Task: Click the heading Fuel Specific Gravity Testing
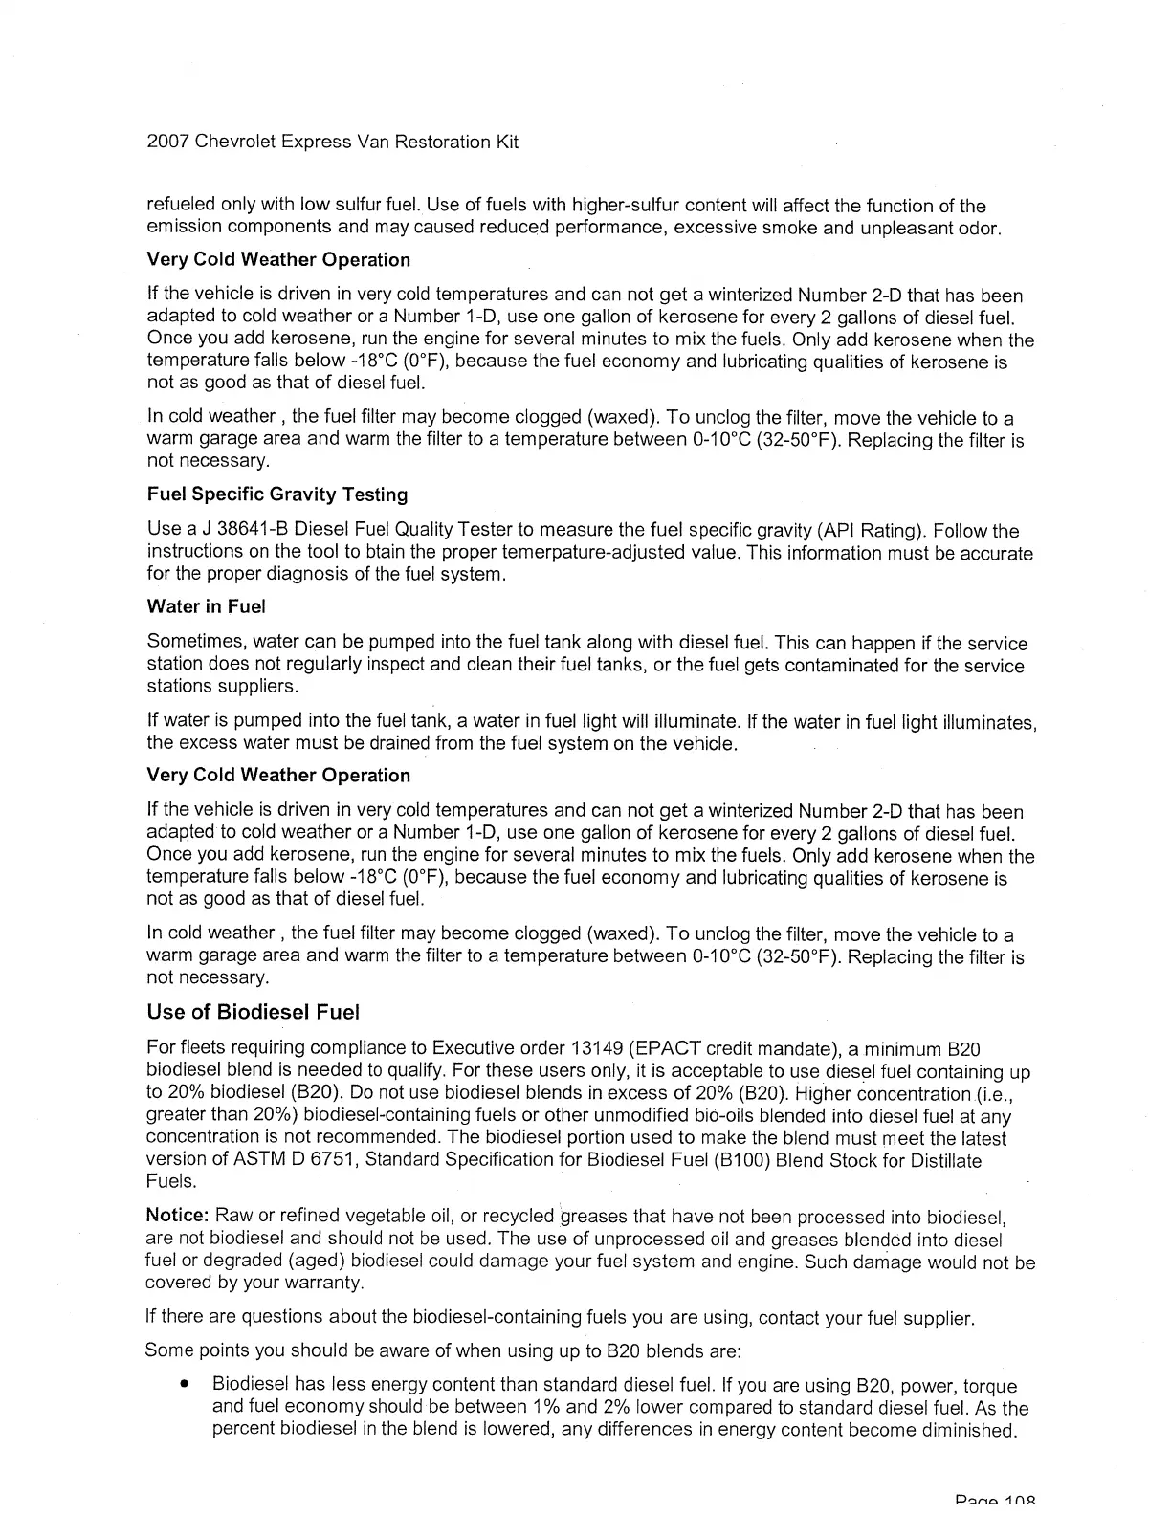[x=277, y=494]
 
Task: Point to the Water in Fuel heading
[x=206, y=606]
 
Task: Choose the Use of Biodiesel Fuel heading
[x=253, y=1012]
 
